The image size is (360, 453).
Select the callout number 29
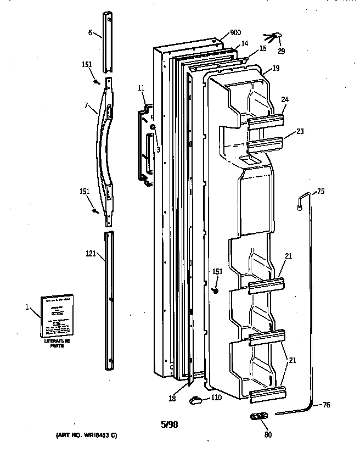click(x=281, y=51)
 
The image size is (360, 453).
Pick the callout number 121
click(x=91, y=254)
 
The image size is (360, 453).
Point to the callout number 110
click(x=216, y=398)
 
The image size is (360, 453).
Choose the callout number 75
click(x=321, y=192)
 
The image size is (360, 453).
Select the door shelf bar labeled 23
click(x=266, y=143)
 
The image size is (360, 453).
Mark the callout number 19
click(x=275, y=69)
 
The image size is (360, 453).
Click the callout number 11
click(x=141, y=88)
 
